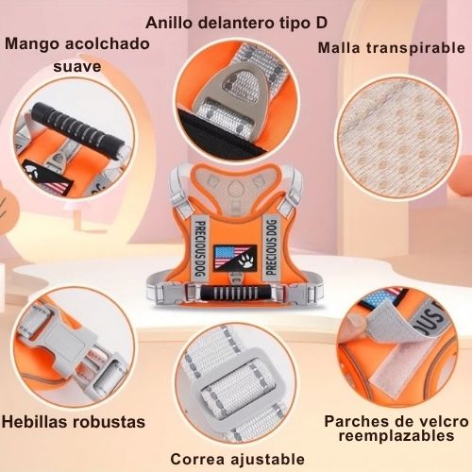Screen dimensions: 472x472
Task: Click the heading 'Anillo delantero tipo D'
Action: pyautogui.click(x=236, y=23)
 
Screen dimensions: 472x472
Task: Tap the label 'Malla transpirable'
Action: pyautogui.click(x=392, y=48)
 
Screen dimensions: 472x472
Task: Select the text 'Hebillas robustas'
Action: pyautogui.click(x=74, y=422)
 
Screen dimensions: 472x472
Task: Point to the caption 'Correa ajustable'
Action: pyautogui.click(x=238, y=459)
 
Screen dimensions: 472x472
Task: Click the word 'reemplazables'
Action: pyautogui.click(x=396, y=436)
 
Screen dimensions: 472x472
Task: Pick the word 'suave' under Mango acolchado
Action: pyautogui.click(x=77, y=66)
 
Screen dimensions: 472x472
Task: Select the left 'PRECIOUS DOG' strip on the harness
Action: pyautogui.click(x=200, y=248)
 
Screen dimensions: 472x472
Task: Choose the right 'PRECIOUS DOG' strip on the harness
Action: pyautogui.click(x=271, y=247)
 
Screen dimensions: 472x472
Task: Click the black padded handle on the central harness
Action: pyautogui.click(x=234, y=294)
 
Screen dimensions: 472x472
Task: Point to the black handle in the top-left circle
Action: pyautogui.click(x=77, y=128)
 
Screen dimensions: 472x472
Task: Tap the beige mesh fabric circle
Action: pyautogui.click(x=396, y=138)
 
